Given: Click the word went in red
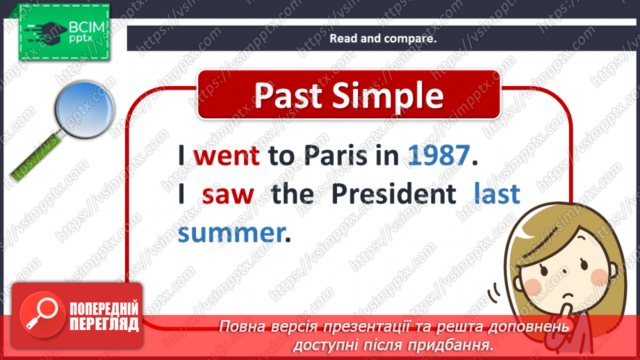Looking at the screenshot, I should tap(227, 156).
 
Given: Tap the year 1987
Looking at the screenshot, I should tap(436, 156).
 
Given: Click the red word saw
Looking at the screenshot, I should tap(228, 195).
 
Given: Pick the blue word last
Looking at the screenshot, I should tap(496, 194).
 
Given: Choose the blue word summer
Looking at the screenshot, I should tap(230, 233).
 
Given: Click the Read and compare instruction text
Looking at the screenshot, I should tap(382, 39).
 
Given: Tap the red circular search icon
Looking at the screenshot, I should tap(42, 312).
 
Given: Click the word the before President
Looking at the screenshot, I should tap(293, 195).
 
